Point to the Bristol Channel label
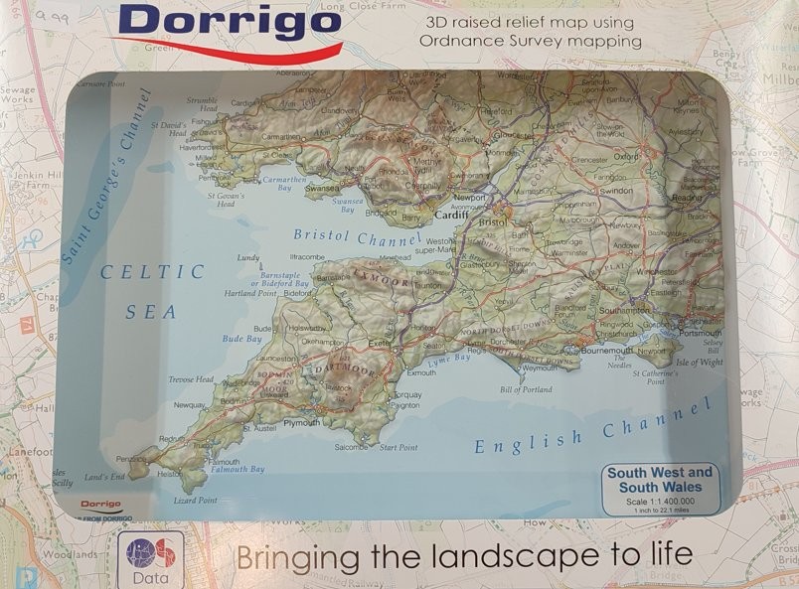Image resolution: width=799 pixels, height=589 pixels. coord(347,239)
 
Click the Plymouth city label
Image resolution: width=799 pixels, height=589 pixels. coord(302,423)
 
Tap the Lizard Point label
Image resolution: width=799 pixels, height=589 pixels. coord(195,502)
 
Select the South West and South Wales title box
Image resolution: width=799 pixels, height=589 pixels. coord(660,480)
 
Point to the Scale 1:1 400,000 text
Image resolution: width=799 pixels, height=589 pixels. coord(660,501)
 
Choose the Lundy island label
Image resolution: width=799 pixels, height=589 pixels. coord(248,257)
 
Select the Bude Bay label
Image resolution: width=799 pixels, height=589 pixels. coord(241,339)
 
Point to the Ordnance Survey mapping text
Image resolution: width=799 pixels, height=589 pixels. coord(531,41)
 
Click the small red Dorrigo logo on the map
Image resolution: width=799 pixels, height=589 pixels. coord(100,505)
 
